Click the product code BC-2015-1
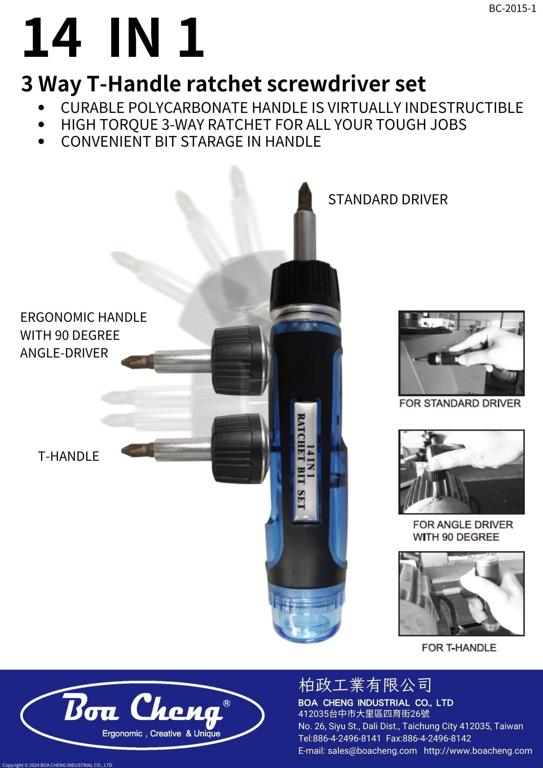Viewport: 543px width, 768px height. (x=512, y=8)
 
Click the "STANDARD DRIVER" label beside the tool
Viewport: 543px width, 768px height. (x=388, y=200)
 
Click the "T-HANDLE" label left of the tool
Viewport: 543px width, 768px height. (x=69, y=456)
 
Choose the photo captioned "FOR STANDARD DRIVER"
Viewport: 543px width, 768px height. (x=462, y=353)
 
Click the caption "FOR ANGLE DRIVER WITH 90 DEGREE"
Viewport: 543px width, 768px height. (x=463, y=531)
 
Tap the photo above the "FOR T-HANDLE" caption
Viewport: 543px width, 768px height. (x=462, y=594)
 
